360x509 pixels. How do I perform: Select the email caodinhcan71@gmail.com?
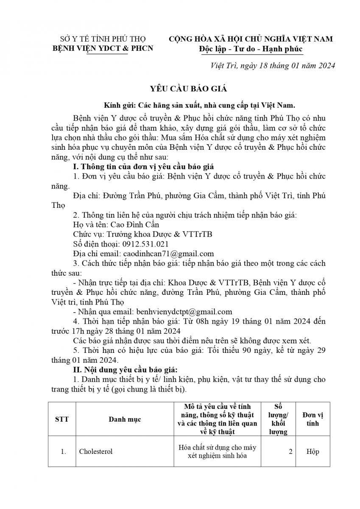pos(168,254)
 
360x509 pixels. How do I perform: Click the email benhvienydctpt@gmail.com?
pos(183,311)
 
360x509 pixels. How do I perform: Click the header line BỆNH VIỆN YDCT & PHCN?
pos(102,48)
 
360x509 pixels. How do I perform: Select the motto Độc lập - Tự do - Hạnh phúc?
pos(251,48)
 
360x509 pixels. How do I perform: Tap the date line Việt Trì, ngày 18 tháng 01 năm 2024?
pos(273,65)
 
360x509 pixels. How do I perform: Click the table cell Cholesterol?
pos(96,451)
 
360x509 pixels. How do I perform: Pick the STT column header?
pos(62,419)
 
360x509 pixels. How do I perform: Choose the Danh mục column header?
pos(125,419)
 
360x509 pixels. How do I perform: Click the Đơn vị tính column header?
pos(313,419)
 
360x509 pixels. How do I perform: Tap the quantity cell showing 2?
pos(290,451)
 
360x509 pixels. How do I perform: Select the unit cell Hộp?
pos(313,451)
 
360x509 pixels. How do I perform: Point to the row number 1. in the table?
pos(63,451)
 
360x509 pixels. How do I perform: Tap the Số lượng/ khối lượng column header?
pos(278,419)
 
